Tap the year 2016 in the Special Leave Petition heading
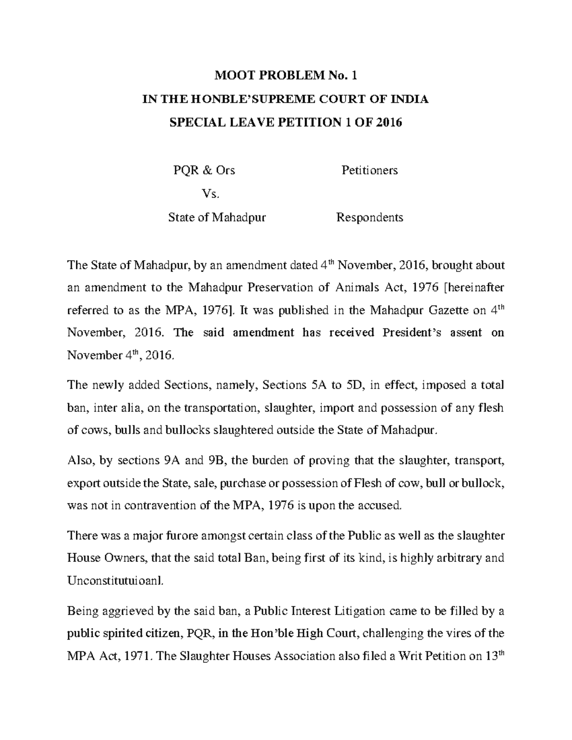point(389,122)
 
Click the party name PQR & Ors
point(204,170)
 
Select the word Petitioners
point(369,170)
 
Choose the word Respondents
point(369,217)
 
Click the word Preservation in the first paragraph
point(280,288)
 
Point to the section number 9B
point(215,461)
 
